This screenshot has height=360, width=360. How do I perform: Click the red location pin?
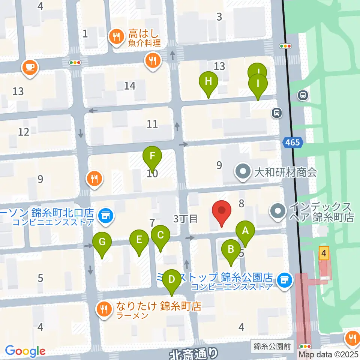pos(222,212)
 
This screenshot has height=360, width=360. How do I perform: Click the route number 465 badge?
pos(292,142)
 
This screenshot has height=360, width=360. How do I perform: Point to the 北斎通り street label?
pos(193,354)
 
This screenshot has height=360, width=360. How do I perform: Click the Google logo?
pos(25,351)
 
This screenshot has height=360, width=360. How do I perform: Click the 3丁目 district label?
pos(185,219)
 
